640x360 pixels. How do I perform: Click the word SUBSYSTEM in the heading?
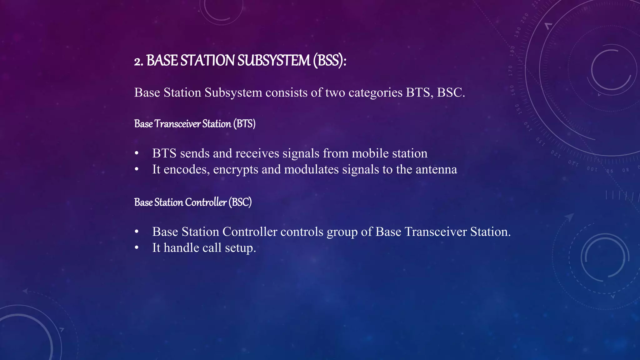pyautogui.click(x=274, y=61)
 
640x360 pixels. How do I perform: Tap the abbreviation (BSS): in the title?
pyautogui.click(x=330, y=61)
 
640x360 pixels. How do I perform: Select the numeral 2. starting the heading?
pyautogui.click(x=139, y=61)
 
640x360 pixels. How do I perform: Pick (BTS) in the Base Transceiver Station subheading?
pyautogui.click(x=244, y=124)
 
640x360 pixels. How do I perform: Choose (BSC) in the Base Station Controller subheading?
pyautogui.click(x=240, y=202)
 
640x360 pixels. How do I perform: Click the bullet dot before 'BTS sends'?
pyautogui.click(x=137, y=154)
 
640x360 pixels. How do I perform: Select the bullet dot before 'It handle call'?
pyautogui.click(x=137, y=248)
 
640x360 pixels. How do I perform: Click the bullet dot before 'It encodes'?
pyautogui.click(x=137, y=170)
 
